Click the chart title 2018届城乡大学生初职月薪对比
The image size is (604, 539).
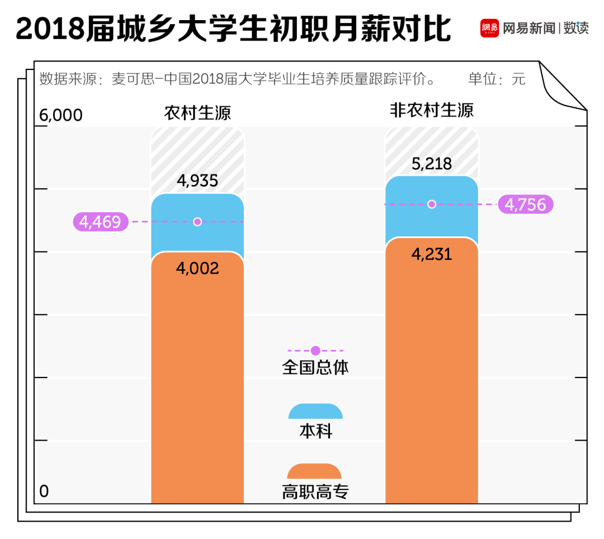233,29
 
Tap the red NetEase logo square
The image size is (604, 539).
489,28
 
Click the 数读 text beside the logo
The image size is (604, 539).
575,28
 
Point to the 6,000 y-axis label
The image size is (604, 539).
61,115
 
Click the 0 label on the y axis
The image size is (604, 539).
44,491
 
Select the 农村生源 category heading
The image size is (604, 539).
197,113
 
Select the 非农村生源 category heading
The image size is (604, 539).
431,110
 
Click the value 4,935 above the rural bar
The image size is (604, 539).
197,181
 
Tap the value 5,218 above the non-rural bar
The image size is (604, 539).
431,163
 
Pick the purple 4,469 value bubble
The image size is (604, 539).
101,222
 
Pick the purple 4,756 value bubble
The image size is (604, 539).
525,205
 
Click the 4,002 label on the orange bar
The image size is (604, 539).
197,268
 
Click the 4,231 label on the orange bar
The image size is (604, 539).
431,254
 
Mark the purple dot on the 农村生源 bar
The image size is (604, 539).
197,222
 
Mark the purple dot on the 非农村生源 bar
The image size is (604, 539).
431,204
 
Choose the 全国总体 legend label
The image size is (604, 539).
315,367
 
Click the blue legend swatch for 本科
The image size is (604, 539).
315,412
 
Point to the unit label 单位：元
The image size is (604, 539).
497,79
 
